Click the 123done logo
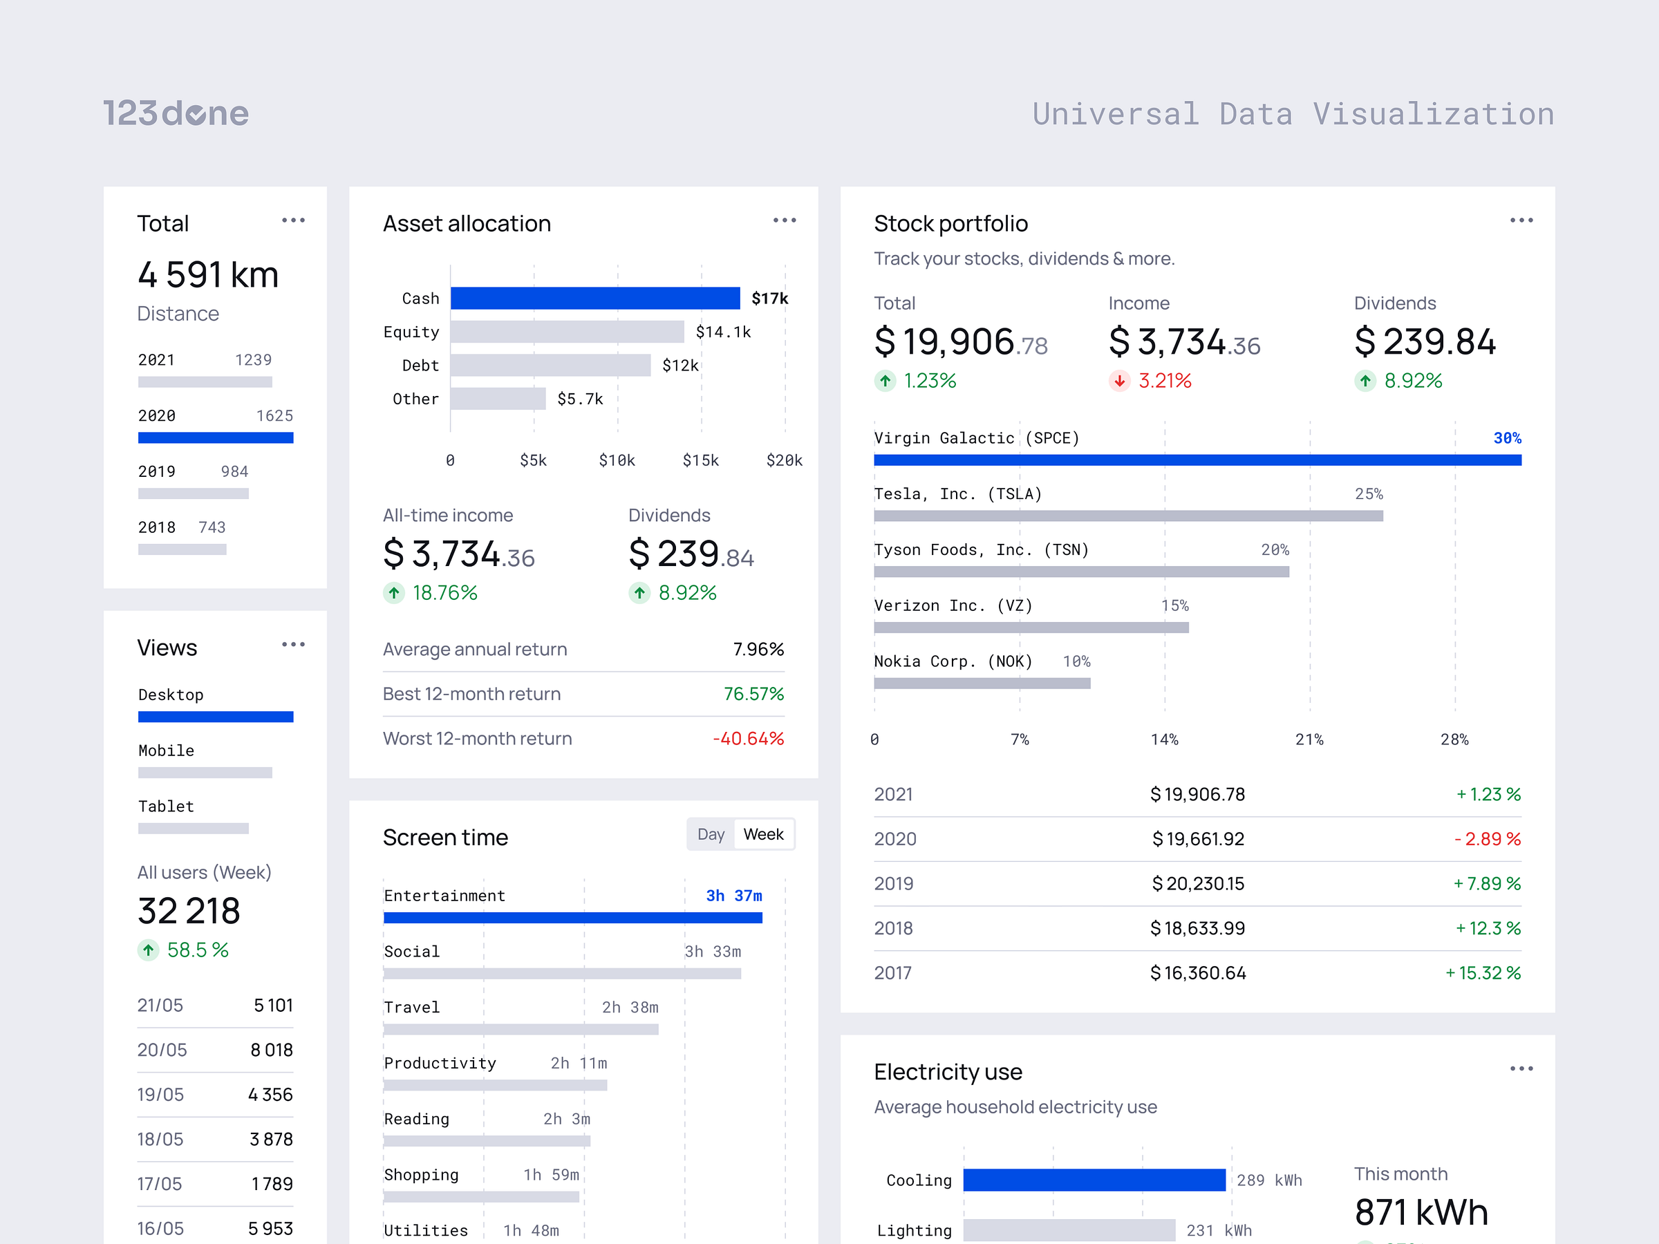coord(176,113)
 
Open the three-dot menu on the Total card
coord(293,220)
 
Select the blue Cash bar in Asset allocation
coord(594,298)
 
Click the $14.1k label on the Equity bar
coord(723,332)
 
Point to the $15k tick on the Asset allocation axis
coord(700,460)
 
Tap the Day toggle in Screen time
coord(710,835)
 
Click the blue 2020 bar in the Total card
coord(215,438)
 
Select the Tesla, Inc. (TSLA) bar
coord(1127,516)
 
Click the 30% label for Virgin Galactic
coord(1507,438)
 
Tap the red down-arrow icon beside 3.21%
coord(1119,381)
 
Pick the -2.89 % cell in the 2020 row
coord(1486,839)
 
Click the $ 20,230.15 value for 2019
coord(1198,884)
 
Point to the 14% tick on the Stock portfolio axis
coord(1164,740)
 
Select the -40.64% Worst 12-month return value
coord(748,739)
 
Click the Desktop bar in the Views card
coord(215,717)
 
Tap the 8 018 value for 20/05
coord(272,1050)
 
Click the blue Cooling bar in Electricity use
coord(1094,1180)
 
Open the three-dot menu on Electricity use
coord(1521,1068)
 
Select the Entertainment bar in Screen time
coord(573,918)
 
